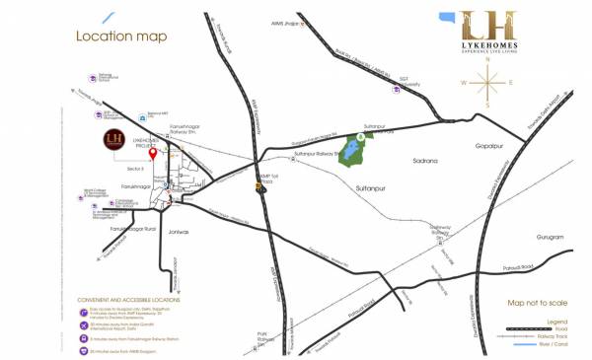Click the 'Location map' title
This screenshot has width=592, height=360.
click(121, 36)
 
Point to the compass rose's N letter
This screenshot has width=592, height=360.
click(487, 59)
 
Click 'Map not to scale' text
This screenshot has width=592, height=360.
click(537, 304)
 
